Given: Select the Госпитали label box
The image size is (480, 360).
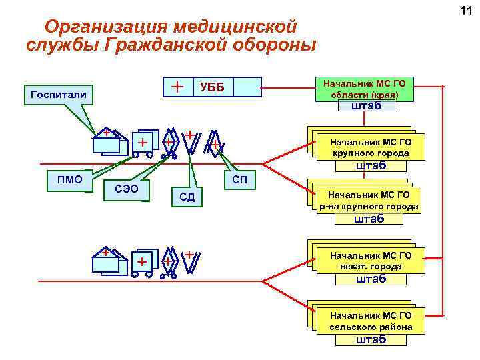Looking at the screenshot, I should tap(59, 94).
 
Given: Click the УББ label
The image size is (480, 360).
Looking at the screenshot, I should tap(213, 87).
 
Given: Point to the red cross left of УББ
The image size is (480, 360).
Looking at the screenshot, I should tap(177, 87).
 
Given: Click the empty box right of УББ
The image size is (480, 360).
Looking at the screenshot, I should tap(247, 87).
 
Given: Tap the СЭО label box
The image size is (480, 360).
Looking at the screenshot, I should tap(127, 189).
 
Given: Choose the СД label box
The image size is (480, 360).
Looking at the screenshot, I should tap(187, 197).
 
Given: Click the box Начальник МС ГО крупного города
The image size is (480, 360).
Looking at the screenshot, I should tap(371, 147).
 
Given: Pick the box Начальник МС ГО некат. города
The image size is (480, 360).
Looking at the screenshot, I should tap(371, 261).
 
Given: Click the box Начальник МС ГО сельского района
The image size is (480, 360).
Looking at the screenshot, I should tap(371, 321).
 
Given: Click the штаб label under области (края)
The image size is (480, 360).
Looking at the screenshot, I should tap(366, 105).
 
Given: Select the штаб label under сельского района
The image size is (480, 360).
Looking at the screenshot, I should tap(371, 339).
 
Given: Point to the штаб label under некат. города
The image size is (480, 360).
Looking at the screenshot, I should tap(371, 279).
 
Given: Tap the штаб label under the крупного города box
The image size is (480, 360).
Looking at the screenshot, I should tap(371, 165).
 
